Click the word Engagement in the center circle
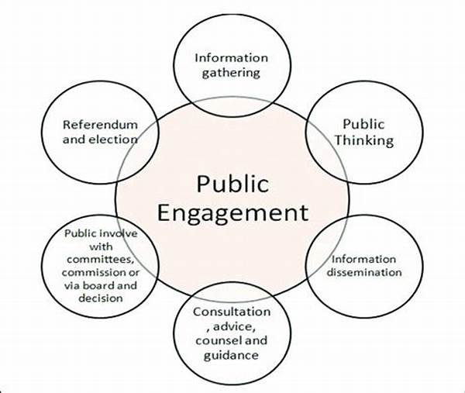click(232, 213)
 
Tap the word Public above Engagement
click(232, 184)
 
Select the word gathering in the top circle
click(231, 73)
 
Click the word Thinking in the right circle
click(364, 140)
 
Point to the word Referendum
click(100, 125)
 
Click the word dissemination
click(364, 272)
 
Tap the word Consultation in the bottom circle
click(232, 312)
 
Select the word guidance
click(231, 356)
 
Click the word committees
click(100, 259)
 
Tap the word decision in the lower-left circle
click(101, 298)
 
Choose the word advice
click(232, 327)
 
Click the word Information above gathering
click(231, 58)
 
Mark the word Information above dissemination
click(363, 259)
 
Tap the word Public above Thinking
click(363, 124)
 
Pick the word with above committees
click(101, 246)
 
